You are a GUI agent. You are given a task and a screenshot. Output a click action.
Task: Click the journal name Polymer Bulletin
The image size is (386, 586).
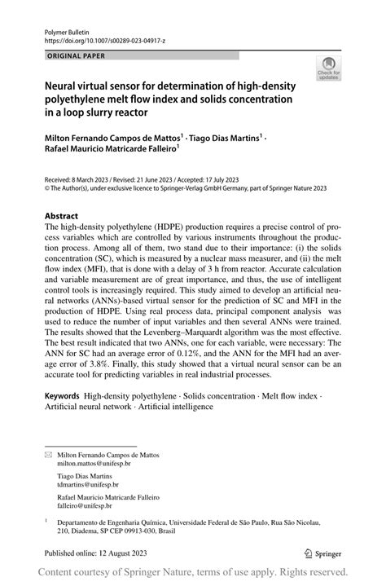(67, 28)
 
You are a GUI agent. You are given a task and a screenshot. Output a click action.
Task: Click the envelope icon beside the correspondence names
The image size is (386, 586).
(48, 454)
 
